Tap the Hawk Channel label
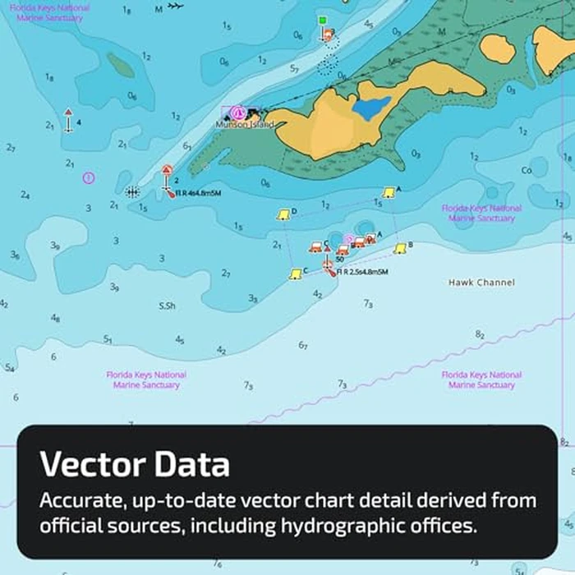pyautogui.click(x=481, y=283)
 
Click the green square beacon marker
pyautogui.click(x=323, y=20)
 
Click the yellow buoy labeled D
pyautogui.click(x=283, y=214)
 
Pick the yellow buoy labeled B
pyautogui.click(x=400, y=248)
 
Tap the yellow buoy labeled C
pyautogui.click(x=295, y=274)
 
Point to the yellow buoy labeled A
pyautogui.click(x=389, y=192)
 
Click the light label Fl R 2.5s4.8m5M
pyautogui.click(x=361, y=272)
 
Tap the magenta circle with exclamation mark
pyautogui.click(x=89, y=177)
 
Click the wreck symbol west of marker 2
pyautogui.click(x=132, y=191)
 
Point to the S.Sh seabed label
pyautogui.click(x=167, y=306)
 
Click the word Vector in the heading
pyautogui.click(x=90, y=465)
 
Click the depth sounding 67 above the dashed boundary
pyautogui.click(x=302, y=346)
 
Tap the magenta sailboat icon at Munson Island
pyautogui.click(x=238, y=112)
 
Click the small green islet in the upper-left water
pyautogui.click(x=121, y=65)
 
